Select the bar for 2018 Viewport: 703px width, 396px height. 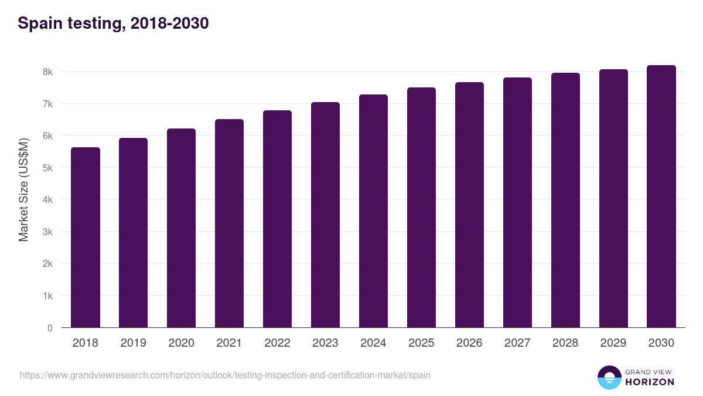pyautogui.click(x=86, y=238)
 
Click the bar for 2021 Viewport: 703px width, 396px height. pyautogui.click(x=229, y=224)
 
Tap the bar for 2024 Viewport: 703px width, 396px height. pyautogui.click(x=373, y=211)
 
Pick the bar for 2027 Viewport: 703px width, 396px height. pyautogui.click(x=517, y=202)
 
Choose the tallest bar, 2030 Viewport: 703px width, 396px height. pyautogui.click(x=661, y=197)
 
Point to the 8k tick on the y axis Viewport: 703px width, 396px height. pyautogui.click(x=47, y=72)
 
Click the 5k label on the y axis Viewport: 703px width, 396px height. pyautogui.click(x=47, y=168)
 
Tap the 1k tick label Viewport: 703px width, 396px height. pyautogui.click(x=47, y=296)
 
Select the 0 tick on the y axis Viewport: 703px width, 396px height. pyautogui.click(x=50, y=328)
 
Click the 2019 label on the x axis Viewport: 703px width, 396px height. pyautogui.click(x=133, y=343)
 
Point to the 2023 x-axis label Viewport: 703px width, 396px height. pyautogui.click(x=325, y=343)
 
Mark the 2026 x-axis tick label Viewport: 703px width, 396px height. pyautogui.click(x=469, y=343)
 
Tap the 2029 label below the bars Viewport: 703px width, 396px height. pyautogui.click(x=613, y=343)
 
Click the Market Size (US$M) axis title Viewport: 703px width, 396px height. pyautogui.click(x=23, y=189)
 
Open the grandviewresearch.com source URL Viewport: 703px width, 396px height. pyautogui.click(x=225, y=375)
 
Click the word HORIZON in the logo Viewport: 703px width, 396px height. pyautogui.click(x=650, y=382)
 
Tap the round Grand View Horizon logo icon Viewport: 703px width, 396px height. pyautogui.click(x=609, y=377)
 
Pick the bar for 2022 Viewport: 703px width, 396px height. pyautogui.click(x=277, y=219)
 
